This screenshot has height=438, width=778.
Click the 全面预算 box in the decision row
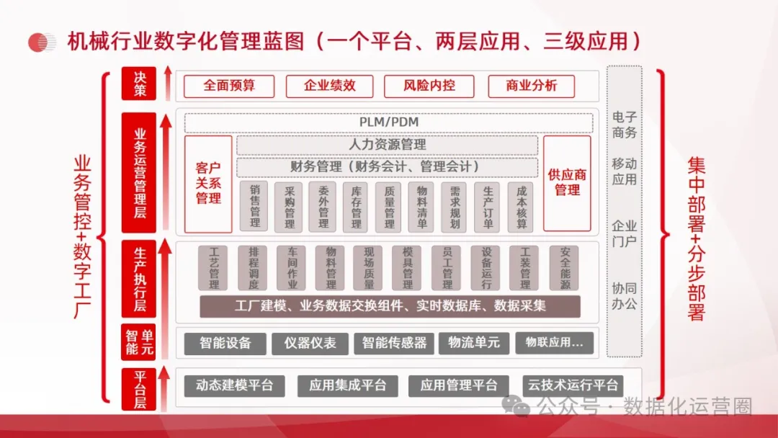point(228,86)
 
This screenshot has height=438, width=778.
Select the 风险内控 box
point(429,86)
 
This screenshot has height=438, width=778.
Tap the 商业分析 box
point(532,86)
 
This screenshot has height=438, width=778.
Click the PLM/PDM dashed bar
point(389,122)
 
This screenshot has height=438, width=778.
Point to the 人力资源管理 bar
point(388,145)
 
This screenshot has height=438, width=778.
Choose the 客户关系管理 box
point(208,184)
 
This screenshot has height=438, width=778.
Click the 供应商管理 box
point(567,183)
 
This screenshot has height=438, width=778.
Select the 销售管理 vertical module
point(254,206)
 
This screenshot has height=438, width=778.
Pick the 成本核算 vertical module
point(522,206)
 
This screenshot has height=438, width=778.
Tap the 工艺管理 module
point(213,268)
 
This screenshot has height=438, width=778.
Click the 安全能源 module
point(564,268)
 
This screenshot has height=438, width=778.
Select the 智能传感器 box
point(394,343)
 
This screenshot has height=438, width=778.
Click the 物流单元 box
point(473,343)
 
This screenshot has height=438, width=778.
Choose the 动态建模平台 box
point(234,385)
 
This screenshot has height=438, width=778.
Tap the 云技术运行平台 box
point(573,385)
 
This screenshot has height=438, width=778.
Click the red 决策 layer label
point(139,84)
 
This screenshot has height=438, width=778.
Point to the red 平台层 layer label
point(139,389)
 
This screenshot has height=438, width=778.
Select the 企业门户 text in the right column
point(625,233)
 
